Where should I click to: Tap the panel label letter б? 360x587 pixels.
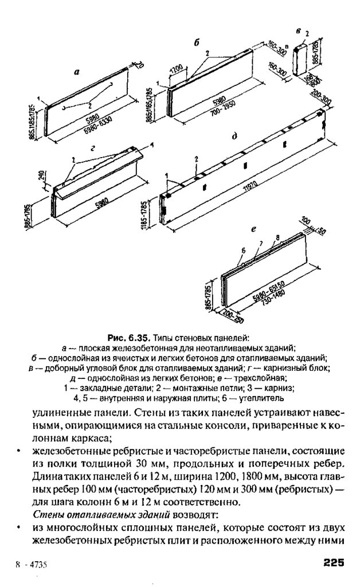[196, 42]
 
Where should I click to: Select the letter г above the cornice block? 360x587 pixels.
[92, 147]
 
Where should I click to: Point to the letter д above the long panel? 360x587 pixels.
[235, 137]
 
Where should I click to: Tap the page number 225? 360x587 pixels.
[333, 562]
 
